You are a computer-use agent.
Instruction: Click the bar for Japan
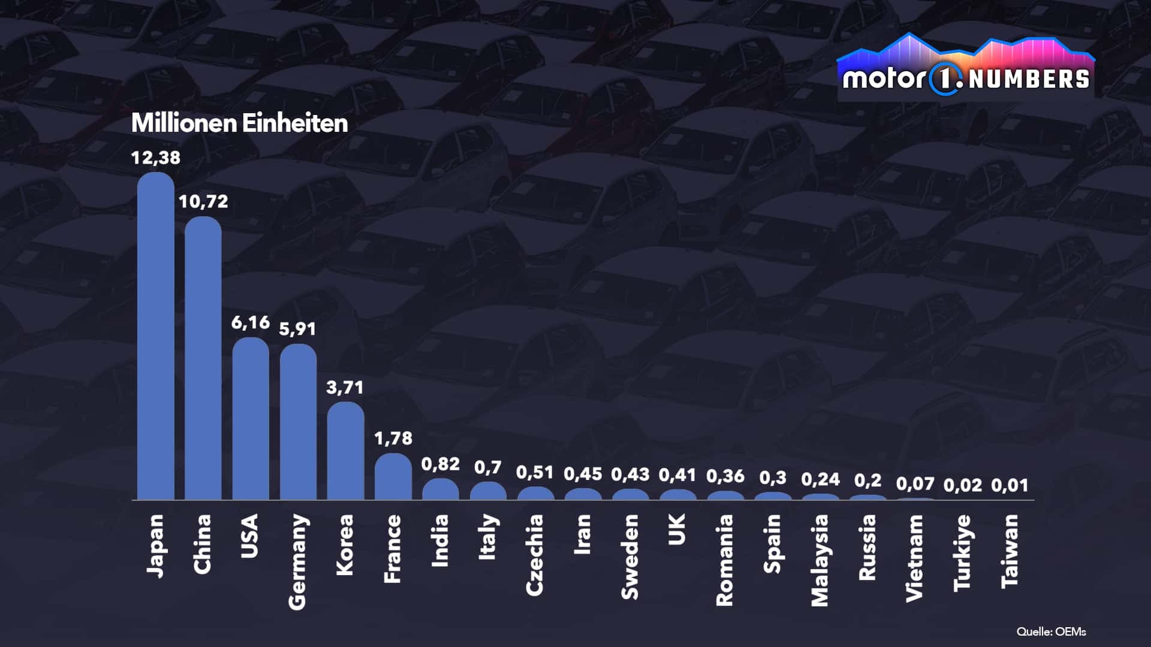(155, 335)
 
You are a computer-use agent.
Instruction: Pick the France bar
(393, 477)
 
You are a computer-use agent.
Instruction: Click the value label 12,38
(155, 158)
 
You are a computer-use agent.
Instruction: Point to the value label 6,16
(251, 323)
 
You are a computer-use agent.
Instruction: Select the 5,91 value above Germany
(297, 329)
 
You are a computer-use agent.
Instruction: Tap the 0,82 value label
(440, 464)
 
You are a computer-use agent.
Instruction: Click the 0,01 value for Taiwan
(1010, 485)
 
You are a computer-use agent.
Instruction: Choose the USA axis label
(249, 536)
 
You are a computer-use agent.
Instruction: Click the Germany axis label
(297, 562)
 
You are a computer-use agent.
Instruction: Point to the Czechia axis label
(535, 555)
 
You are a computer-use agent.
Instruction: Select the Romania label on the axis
(725, 560)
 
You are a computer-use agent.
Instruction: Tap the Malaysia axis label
(819, 560)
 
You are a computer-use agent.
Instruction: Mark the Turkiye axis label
(962, 552)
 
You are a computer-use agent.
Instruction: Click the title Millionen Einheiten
(239, 123)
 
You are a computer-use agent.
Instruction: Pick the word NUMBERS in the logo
(1029, 80)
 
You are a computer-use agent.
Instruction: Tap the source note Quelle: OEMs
(1051, 631)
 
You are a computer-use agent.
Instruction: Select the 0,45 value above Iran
(583, 474)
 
